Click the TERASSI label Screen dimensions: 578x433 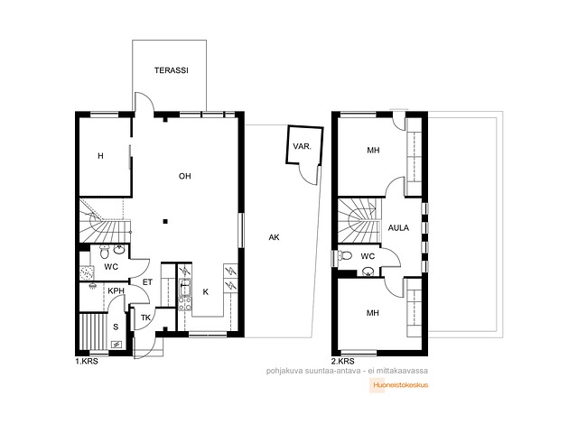[x=171, y=70]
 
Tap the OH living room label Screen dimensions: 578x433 [x=184, y=177]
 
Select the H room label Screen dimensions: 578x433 [x=100, y=156]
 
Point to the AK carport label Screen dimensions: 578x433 [x=274, y=237]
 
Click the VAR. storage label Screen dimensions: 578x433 [x=303, y=146]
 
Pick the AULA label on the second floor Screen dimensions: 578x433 [x=398, y=228]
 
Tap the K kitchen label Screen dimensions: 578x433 [x=206, y=292]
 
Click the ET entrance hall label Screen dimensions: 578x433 [x=147, y=282]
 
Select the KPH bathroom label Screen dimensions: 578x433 [x=117, y=290]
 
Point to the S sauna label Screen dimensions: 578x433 [x=116, y=327]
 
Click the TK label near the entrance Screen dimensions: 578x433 [x=146, y=318]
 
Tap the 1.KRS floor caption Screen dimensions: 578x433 [x=87, y=361]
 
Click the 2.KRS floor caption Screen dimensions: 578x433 [x=343, y=361]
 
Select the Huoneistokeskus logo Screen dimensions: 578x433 [x=399, y=385]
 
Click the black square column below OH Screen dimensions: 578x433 [x=165, y=221]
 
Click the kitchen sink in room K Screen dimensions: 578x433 [x=184, y=288]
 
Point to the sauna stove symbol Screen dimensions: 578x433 [x=117, y=345]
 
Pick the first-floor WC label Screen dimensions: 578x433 [x=110, y=267]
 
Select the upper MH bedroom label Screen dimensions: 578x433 [x=373, y=151]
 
